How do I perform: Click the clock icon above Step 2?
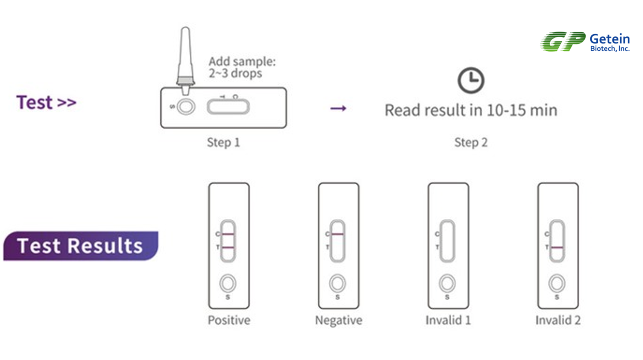[471, 80]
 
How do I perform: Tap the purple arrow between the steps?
[338, 109]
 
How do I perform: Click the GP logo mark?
[563, 41]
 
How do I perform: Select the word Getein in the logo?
[609, 39]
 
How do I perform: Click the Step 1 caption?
[223, 143]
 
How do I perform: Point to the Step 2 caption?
[471, 143]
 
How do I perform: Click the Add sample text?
[242, 67]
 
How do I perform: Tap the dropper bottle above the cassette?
[185, 56]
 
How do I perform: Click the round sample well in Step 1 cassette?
[186, 107]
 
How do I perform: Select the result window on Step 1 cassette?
[228, 107]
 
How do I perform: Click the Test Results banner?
[80, 246]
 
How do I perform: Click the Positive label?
[229, 320]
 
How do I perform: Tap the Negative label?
[338, 320]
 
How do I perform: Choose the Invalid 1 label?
[448, 320]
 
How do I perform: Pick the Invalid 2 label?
[558, 320]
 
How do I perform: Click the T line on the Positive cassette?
[228, 248]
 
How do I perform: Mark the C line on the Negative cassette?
[338, 234]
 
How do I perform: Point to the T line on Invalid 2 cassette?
[557, 248]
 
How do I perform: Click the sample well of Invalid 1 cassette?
[447, 283]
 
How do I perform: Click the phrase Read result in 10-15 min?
[471, 110]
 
